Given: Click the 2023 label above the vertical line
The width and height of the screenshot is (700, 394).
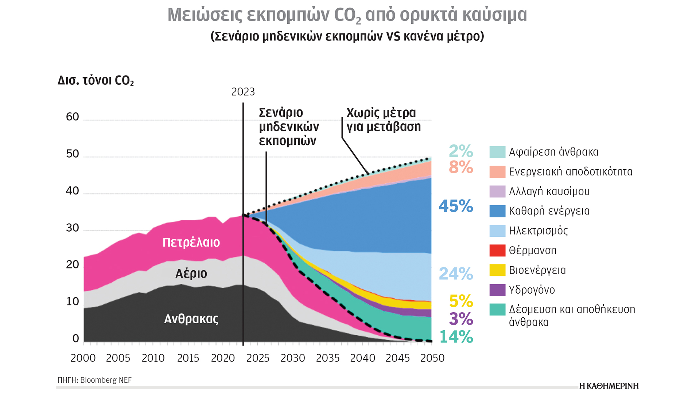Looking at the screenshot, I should pos(243,92).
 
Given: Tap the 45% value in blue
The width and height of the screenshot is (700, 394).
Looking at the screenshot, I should pos(456,206).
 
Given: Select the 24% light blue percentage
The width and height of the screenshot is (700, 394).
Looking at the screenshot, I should pos(456,274).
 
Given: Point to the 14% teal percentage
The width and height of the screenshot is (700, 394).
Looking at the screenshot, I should pos(456,337).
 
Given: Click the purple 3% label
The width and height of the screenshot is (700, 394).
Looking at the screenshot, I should pos(461,319).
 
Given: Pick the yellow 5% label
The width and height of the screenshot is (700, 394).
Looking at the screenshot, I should pos(461,301).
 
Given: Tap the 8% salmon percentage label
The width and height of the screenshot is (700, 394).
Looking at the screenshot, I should pos(461,167).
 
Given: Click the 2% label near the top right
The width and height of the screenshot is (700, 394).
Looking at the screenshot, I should pos(461,151).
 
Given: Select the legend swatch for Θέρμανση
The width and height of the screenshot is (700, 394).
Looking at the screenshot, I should pos(497,251).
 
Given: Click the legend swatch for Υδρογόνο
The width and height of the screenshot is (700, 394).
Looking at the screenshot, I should pos(497,290).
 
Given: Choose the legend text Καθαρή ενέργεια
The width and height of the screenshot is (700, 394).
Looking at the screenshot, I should pos(549,211).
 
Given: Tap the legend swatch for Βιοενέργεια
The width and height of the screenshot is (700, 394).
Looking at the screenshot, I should pos(497,270).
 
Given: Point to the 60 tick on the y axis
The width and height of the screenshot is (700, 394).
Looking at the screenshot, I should pos(73,117).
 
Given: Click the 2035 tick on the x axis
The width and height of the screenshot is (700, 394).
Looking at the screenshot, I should pos(328,358).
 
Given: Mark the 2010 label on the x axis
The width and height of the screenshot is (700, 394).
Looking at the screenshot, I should pos(153,358).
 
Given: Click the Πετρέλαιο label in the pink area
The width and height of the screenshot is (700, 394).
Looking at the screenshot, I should pos(191,243).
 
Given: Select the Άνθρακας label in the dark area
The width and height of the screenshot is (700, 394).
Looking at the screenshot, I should pos(191,319).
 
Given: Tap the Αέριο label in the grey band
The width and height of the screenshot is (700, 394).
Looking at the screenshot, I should pos(191,274).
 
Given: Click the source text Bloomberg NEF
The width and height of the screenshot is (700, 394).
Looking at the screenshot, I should pos(106,380).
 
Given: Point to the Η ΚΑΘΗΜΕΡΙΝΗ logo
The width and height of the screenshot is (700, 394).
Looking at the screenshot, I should pos(609,386).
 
